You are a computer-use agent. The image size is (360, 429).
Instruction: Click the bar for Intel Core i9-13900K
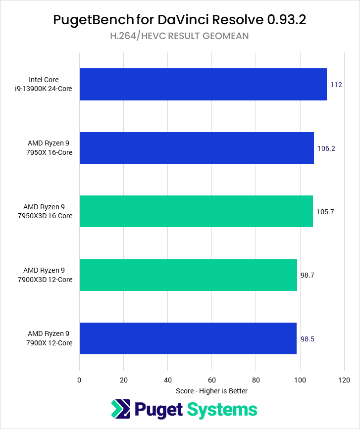point(203,85)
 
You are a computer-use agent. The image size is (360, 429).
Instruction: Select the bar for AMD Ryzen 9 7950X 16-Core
point(197,148)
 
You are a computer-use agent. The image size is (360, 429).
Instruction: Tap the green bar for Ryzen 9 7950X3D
point(196,211)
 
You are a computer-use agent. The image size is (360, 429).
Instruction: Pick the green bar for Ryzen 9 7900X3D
point(188,275)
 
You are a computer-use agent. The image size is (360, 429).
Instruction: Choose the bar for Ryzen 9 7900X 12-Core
point(188,338)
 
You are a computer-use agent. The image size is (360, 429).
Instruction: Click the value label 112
point(336,85)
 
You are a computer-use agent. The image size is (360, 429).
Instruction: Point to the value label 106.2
point(326,148)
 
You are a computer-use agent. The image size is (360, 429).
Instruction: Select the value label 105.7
point(325,211)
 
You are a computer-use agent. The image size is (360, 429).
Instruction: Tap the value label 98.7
point(308,275)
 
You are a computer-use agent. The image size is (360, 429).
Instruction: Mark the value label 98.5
point(308,338)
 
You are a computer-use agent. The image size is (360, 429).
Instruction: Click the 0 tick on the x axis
point(79,381)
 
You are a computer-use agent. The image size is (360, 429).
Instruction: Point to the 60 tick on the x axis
point(211,381)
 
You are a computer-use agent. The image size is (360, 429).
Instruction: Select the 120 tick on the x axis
point(344,381)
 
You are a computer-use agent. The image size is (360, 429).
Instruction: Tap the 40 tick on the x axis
point(167,381)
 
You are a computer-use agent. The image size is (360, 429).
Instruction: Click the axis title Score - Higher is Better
point(211,391)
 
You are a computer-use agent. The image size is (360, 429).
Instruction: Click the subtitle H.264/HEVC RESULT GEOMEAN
point(179,36)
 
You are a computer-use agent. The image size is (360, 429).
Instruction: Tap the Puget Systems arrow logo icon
point(121,409)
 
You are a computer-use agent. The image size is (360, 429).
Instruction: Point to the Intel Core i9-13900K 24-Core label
point(44,85)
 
